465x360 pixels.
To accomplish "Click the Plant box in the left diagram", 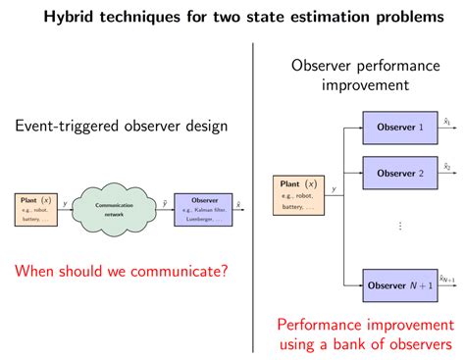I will (x=37, y=208).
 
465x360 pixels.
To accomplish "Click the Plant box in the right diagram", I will (x=299, y=193).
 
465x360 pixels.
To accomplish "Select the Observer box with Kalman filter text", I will (x=203, y=208).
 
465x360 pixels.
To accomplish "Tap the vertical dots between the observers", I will (x=400, y=227).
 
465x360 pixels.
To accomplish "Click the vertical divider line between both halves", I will (x=253, y=196).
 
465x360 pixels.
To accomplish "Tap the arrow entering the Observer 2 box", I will (x=353, y=173).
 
